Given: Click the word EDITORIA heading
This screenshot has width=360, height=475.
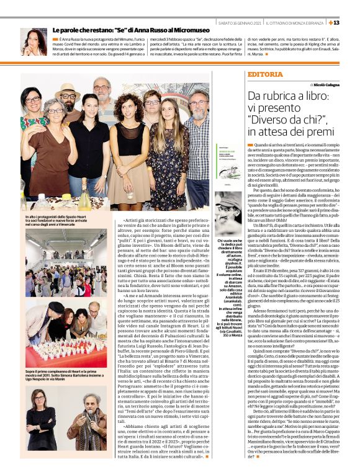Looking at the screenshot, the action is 264,74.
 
